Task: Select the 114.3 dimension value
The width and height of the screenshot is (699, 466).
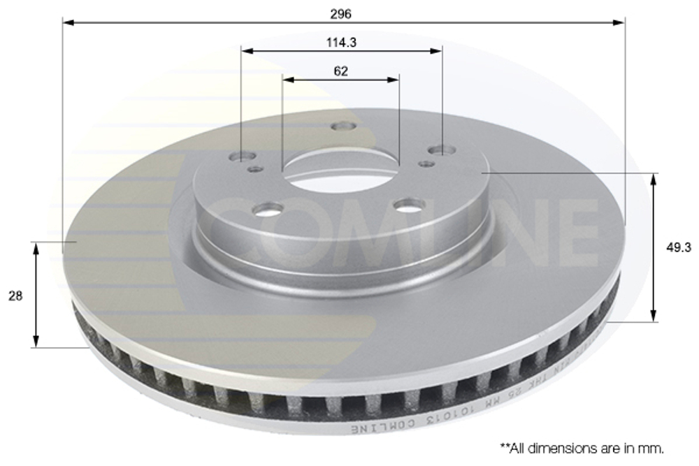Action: (341, 43)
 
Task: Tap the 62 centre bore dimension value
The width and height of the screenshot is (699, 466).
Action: (341, 71)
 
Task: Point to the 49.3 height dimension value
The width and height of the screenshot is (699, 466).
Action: (676, 247)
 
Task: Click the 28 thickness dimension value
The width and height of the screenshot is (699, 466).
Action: (15, 296)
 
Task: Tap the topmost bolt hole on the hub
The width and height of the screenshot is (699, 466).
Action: (343, 126)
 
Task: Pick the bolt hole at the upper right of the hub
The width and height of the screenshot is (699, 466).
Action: (441, 150)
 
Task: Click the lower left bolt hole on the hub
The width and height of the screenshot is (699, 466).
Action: (268, 208)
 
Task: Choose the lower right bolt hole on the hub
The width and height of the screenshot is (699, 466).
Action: (409, 205)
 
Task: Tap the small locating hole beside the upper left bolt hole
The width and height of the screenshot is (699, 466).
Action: (257, 168)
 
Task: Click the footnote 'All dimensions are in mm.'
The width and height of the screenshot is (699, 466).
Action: (582, 447)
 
